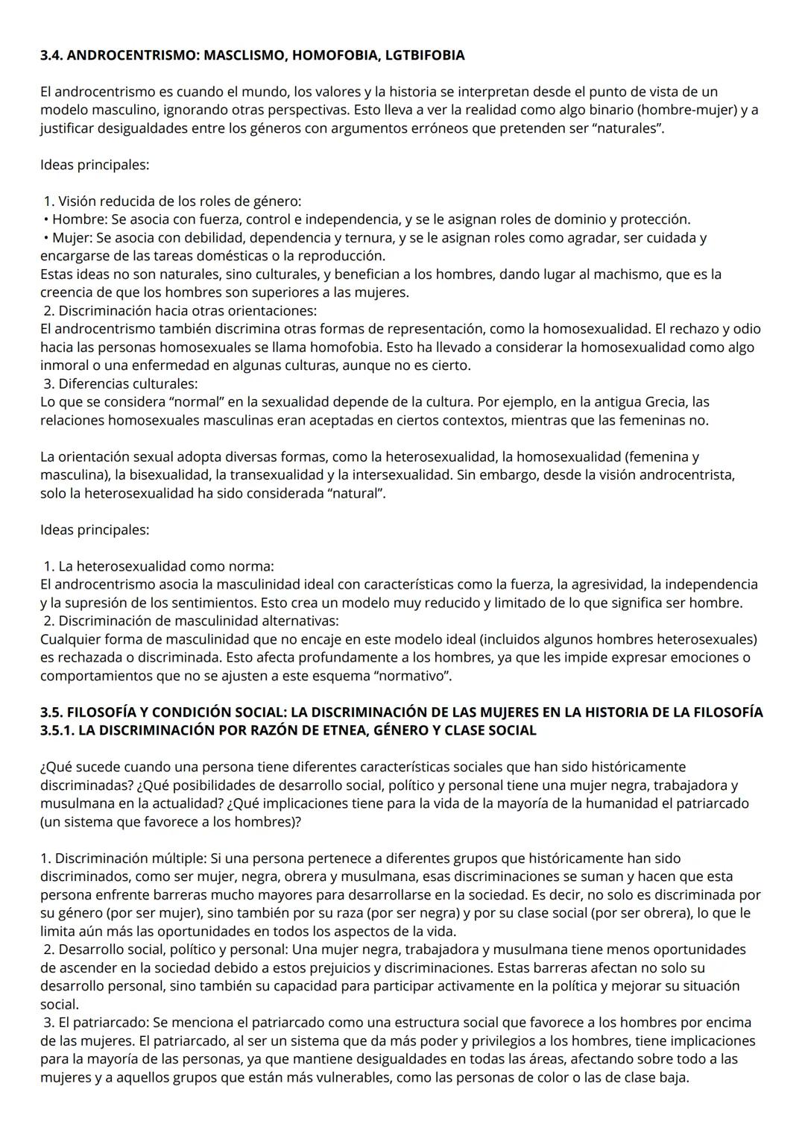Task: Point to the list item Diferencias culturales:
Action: (x=127, y=384)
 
